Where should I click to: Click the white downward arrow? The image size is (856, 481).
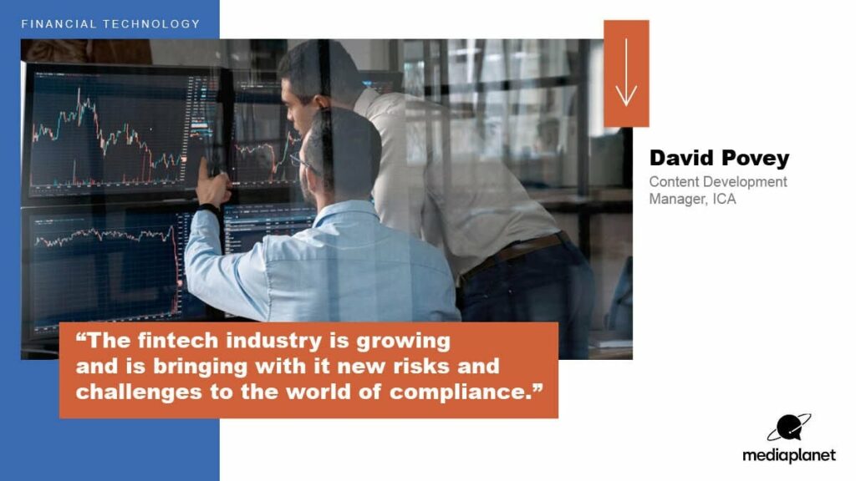(x=626, y=72)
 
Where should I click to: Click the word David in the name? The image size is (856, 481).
(x=680, y=158)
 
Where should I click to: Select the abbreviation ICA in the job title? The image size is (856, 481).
(x=725, y=199)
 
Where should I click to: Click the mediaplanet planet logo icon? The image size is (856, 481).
(x=789, y=427)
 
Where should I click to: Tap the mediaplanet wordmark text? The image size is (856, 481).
(x=789, y=455)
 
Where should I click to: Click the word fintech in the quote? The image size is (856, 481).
(x=177, y=341)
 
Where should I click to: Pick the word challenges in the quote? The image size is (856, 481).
(x=139, y=392)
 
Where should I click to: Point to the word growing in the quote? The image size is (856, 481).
(x=404, y=342)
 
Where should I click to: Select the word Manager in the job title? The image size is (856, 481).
(x=679, y=200)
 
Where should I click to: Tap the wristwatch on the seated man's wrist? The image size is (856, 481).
(x=209, y=208)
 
